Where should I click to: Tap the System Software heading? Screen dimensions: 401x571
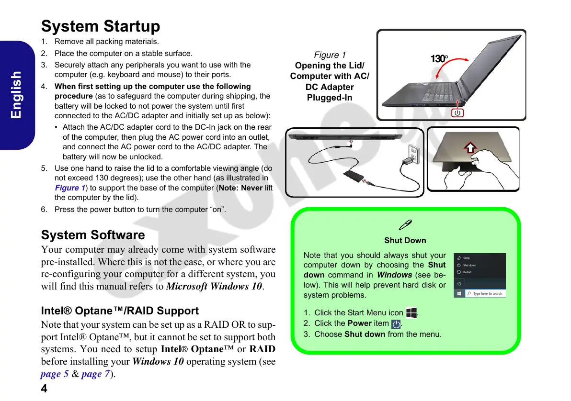pyautogui.click(x=93, y=235)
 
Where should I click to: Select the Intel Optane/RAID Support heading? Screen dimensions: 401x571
pyautogui.click(x=120, y=311)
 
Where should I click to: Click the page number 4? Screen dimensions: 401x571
pyautogui.click(x=44, y=389)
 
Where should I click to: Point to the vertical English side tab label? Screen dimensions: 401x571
pyautogui.click(x=16, y=95)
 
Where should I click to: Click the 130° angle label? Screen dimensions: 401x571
pyautogui.click(x=439, y=59)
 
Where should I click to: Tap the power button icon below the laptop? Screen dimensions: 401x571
pyautogui.click(x=458, y=113)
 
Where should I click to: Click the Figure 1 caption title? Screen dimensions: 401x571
pyautogui.click(x=330, y=55)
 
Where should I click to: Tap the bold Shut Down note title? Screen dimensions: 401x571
pyautogui.click(x=405, y=240)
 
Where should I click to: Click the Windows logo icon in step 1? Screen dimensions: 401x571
pyautogui.click(x=411, y=313)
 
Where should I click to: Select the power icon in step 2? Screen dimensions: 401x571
pyautogui.click(x=396, y=324)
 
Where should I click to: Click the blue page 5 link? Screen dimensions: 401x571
pyautogui.click(x=54, y=374)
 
